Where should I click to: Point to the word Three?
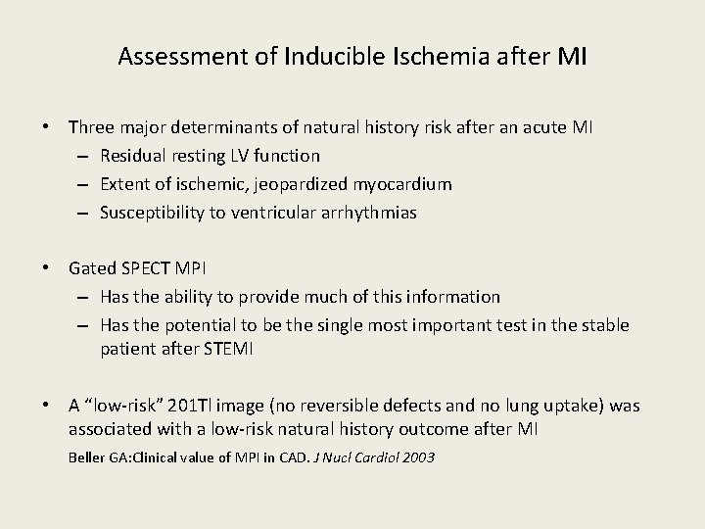pyautogui.click(x=91, y=126)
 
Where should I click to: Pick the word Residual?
pyautogui.click(x=131, y=155)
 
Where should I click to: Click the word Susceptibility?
pyautogui.click(x=149, y=212)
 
